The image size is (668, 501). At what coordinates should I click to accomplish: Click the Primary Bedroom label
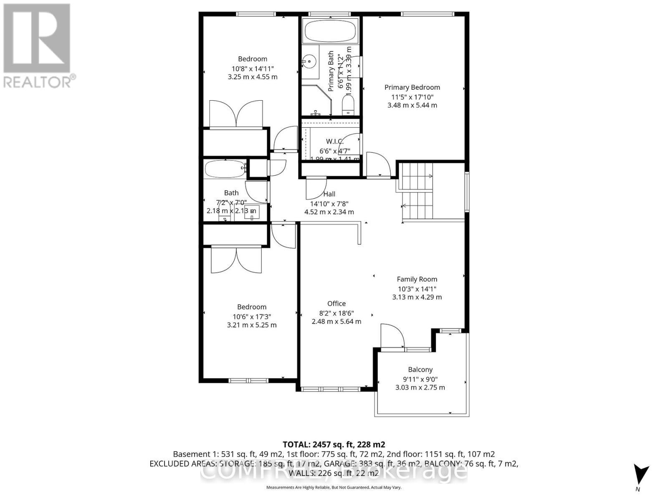click(x=412, y=87)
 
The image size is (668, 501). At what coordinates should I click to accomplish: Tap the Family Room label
click(x=417, y=279)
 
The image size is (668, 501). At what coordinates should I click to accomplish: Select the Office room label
click(x=337, y=304)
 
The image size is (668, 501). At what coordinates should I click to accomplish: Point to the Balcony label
click(x=420, y=369)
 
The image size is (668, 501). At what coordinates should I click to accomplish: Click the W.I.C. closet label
click(x=335, y=141)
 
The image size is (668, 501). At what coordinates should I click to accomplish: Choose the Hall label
click(x=329, y=194)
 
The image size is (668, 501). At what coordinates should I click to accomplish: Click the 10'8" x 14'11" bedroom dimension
click(x=253, y=68)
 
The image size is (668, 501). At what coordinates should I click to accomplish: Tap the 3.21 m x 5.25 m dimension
click(x=252, y=325)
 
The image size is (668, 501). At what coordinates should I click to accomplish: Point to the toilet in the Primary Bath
click(x=348, y=104)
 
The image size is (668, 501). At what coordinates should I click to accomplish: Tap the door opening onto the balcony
click(x=392, y=336)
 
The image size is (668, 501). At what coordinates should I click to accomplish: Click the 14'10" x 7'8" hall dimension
click(x=329, y=204)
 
